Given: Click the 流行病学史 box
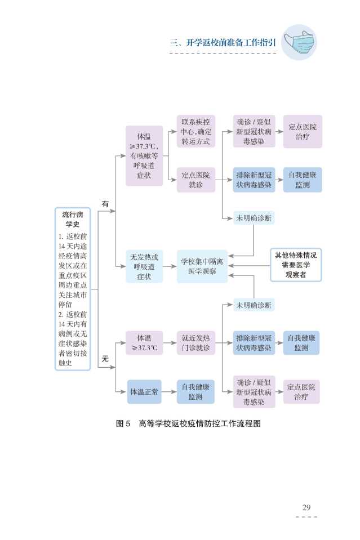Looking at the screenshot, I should (73, 289).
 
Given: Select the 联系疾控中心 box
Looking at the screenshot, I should (195, 131).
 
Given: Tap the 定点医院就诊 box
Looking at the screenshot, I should (195, 180).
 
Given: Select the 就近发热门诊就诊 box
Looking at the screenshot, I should (195, 342).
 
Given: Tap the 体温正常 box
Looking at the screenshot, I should (144, 391).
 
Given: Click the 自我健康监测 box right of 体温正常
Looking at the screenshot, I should (195, 391).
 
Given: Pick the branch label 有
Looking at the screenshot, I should (105, 204).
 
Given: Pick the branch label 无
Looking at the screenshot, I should (105, 358).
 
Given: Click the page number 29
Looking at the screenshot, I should (306, 507).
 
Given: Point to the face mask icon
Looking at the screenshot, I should (299, 42).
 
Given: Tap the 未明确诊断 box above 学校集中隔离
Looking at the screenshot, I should (254, 218).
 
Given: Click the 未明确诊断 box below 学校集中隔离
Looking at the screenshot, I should (254, 305).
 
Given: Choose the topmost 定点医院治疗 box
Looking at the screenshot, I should (303, 131).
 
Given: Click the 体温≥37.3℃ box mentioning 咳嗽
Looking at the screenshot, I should (144, 155).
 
